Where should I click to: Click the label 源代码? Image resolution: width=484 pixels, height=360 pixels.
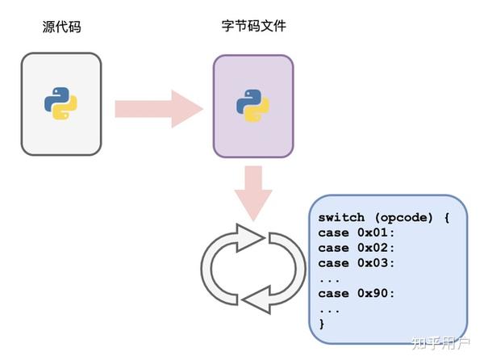point(61,27)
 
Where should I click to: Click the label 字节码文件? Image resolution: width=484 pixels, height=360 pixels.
point(252,27)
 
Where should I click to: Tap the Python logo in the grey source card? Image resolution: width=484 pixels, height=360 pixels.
point(61,104)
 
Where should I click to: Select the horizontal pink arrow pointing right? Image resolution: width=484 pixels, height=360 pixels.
point(157,108)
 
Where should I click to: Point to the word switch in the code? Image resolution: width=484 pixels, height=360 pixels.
point(340,218)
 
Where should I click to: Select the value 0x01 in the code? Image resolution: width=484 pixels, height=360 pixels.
point(376,233)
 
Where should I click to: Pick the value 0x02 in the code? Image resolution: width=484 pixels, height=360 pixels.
point(376,248)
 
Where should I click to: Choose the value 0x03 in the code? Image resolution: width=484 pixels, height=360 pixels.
point(376,263)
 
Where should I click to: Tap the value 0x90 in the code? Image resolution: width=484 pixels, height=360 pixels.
point(376,293)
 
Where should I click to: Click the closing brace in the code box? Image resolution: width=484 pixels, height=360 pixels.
point(322,323)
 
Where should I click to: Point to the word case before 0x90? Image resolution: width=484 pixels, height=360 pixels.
point(334,293)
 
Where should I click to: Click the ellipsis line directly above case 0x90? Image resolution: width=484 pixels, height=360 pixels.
point(328,278)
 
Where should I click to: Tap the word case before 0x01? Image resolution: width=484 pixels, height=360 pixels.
point(334,233)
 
